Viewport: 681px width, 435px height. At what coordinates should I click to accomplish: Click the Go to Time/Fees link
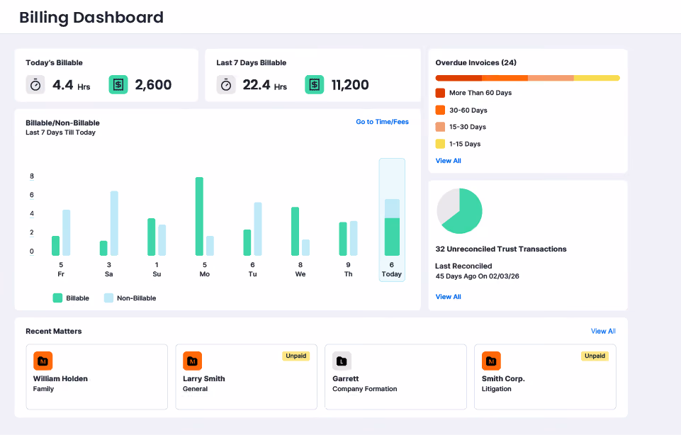382,122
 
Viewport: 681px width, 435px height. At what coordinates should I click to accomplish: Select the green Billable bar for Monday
199,216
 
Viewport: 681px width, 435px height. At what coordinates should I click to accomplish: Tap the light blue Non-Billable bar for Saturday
114,223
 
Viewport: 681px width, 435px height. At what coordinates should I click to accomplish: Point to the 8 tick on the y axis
32,176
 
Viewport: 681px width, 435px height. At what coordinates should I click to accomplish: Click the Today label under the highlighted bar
392,274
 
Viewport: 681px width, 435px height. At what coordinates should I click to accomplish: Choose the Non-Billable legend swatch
108,298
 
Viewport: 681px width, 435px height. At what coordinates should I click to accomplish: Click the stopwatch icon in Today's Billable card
35,84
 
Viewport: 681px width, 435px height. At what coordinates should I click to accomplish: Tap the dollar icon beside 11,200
315,84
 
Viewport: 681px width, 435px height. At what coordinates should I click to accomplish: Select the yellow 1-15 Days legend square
440,144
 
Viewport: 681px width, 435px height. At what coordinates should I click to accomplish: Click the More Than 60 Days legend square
440,93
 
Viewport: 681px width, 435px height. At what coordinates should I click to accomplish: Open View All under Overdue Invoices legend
448,161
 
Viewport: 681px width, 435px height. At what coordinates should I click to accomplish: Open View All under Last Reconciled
448,297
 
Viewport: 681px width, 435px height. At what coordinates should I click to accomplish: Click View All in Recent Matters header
603,331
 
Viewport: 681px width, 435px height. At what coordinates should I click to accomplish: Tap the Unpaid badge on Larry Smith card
296,356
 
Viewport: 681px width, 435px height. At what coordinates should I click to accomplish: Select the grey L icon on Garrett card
342,361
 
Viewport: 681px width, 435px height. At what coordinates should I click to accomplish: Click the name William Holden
60,378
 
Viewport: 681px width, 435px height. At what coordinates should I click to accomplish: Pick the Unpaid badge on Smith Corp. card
595,356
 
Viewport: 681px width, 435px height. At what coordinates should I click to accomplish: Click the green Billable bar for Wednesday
295,232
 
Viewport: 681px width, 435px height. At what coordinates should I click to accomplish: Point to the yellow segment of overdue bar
597,78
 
